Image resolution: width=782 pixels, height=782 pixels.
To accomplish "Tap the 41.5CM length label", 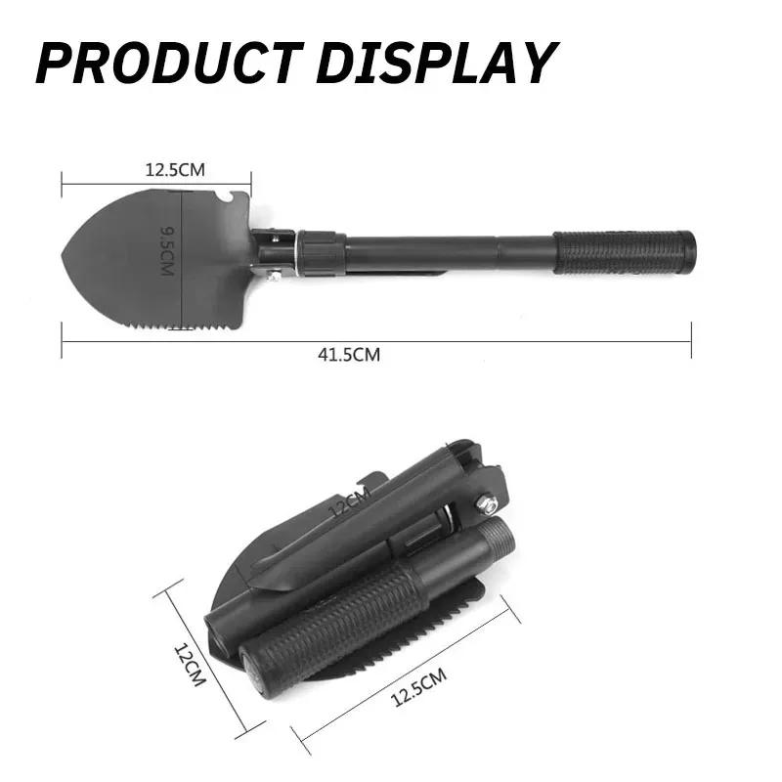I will pyautogui.click(x=349, y=356).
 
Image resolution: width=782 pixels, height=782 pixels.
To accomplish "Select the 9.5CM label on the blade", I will pyautogui.click(x=167, y=249).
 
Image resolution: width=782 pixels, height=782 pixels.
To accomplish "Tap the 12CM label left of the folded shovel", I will pyautogui.click(x=189, y=664).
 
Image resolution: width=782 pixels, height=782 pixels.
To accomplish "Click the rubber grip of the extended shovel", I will pyautogui.click(x=626, y=252).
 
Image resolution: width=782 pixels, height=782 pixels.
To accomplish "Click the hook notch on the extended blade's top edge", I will pyautogui.click(x=225, y=200).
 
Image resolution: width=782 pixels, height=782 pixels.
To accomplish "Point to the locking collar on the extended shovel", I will pyautogui.click(x=321, y=253).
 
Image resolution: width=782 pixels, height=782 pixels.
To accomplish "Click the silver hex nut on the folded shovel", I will pyautogui.click(x=486, y=504).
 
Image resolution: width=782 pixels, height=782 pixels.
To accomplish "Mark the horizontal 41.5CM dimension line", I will pyautogui.click(x=489, y=341).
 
